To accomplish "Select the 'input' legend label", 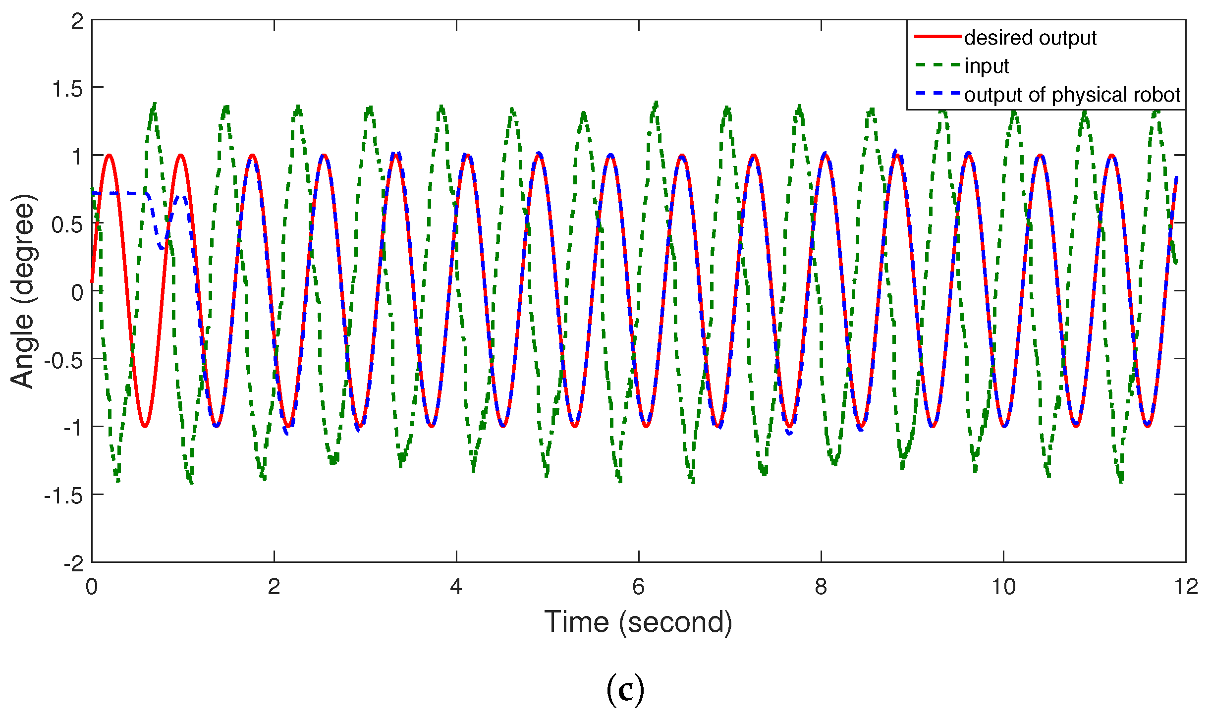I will [986, 66].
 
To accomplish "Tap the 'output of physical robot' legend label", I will [1072, 94].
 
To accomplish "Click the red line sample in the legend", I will [937, 37].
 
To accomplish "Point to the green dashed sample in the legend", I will [937, 65].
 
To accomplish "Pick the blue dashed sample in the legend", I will [937, 94].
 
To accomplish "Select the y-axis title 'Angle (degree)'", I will [23, 291].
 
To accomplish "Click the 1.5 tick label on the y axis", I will [67, 90].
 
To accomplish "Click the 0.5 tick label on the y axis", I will [67, 225].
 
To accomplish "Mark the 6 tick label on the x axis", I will [638, 587].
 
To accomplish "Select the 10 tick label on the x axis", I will [1003, 587].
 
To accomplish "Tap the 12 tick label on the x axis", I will [1186, 587].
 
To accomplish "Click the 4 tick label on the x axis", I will [456, 587].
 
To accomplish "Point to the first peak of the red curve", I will [109, 155].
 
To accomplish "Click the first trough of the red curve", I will [145, 426].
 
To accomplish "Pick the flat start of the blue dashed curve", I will [119, 193].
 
